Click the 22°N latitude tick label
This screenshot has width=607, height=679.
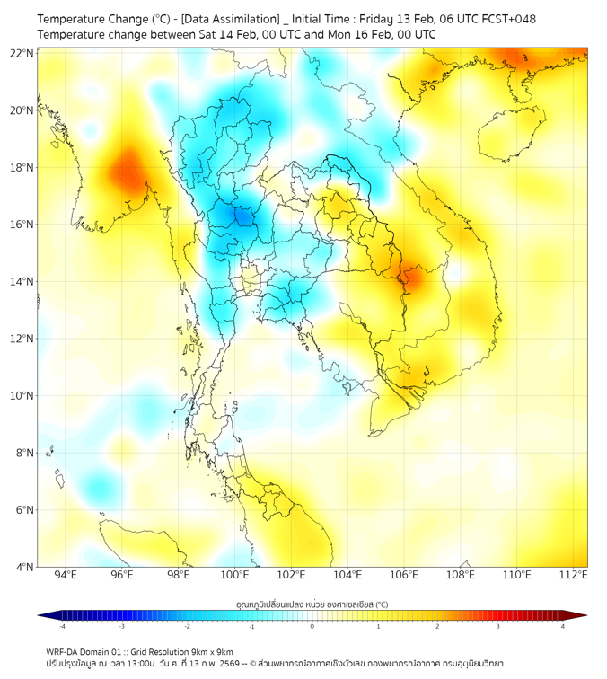pyautogui.click(x=22, y=53)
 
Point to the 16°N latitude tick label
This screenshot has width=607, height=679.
pyautogui.click(x=22, y=225)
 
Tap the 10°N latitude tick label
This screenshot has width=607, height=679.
pyautogui.click(x=22, y=395)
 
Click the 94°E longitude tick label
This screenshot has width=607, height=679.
pyautogui.click(x=66, y=575)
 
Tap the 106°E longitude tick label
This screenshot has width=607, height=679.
pyautogui.click(x=404, y=575)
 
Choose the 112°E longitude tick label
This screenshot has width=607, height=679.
pyautogui.click(x=573, y=575)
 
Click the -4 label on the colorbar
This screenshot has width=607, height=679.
pyautogui.click(x=62, y=626)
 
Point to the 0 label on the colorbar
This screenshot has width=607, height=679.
pyautogui.click(x=312, y=626)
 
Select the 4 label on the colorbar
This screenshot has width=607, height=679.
pyautogui.click(x=563, y=626)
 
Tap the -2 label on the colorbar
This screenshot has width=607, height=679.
pyautogui.click(x=187, y=626)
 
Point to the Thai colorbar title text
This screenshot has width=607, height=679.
pyautogui.click(x=312, y=604)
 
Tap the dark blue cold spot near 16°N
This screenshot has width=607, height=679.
pyautogui.click(x=240, y=216)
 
